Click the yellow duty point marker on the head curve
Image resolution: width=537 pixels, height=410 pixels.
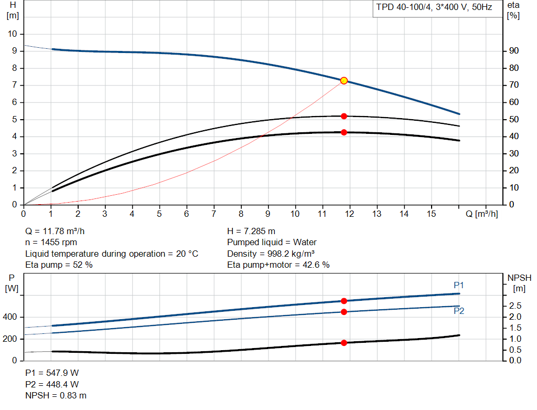click(x=344, y=80)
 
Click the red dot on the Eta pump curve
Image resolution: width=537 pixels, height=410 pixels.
click(x=344, y=116)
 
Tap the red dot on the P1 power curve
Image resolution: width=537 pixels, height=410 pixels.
click(x=344, y=301)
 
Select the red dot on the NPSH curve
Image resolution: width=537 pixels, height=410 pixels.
click(x=344, y=343)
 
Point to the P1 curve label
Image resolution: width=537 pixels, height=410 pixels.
click(x=459, y=285)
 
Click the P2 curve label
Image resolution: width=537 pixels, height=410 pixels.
click(x=459, y=311)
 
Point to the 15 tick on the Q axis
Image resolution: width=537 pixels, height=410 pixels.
click(x=432, y=214)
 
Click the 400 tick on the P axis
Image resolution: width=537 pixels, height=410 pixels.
click(x=12, y=317)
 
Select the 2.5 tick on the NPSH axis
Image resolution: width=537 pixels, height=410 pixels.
click(x=515, y=306)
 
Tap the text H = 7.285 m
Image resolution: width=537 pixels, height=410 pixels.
click(x=251, y=231)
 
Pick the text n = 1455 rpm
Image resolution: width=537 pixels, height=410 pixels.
click(x=51, y=243)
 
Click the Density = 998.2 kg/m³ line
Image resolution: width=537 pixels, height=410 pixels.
click(x=271, y=254)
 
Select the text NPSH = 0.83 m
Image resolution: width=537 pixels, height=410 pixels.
click(x=56, y=395)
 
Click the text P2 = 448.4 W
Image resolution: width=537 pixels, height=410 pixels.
click(x=52, y=384)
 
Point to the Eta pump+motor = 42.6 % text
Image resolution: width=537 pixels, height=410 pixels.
click(x=278, y=265)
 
